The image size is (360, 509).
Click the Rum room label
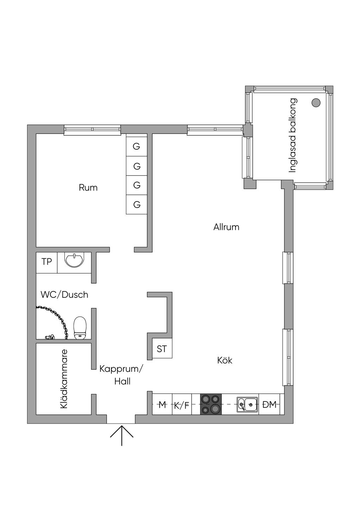88,187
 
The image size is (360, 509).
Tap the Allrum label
226,227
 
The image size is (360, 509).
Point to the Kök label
225,360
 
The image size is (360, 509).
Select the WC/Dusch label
64,295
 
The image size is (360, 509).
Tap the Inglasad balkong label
292,135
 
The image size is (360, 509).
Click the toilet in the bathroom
80,328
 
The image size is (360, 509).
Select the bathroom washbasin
74,260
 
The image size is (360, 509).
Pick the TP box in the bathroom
47,262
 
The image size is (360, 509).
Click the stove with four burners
211,404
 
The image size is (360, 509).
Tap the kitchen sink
247,404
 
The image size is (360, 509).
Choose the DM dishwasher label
270,405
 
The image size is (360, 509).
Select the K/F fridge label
181,405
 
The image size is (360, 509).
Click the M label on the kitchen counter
162,405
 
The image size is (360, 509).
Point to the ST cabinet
162,349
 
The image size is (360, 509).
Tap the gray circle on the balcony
316,103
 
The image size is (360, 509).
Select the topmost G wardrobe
136,146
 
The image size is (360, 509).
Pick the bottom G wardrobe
136,204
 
